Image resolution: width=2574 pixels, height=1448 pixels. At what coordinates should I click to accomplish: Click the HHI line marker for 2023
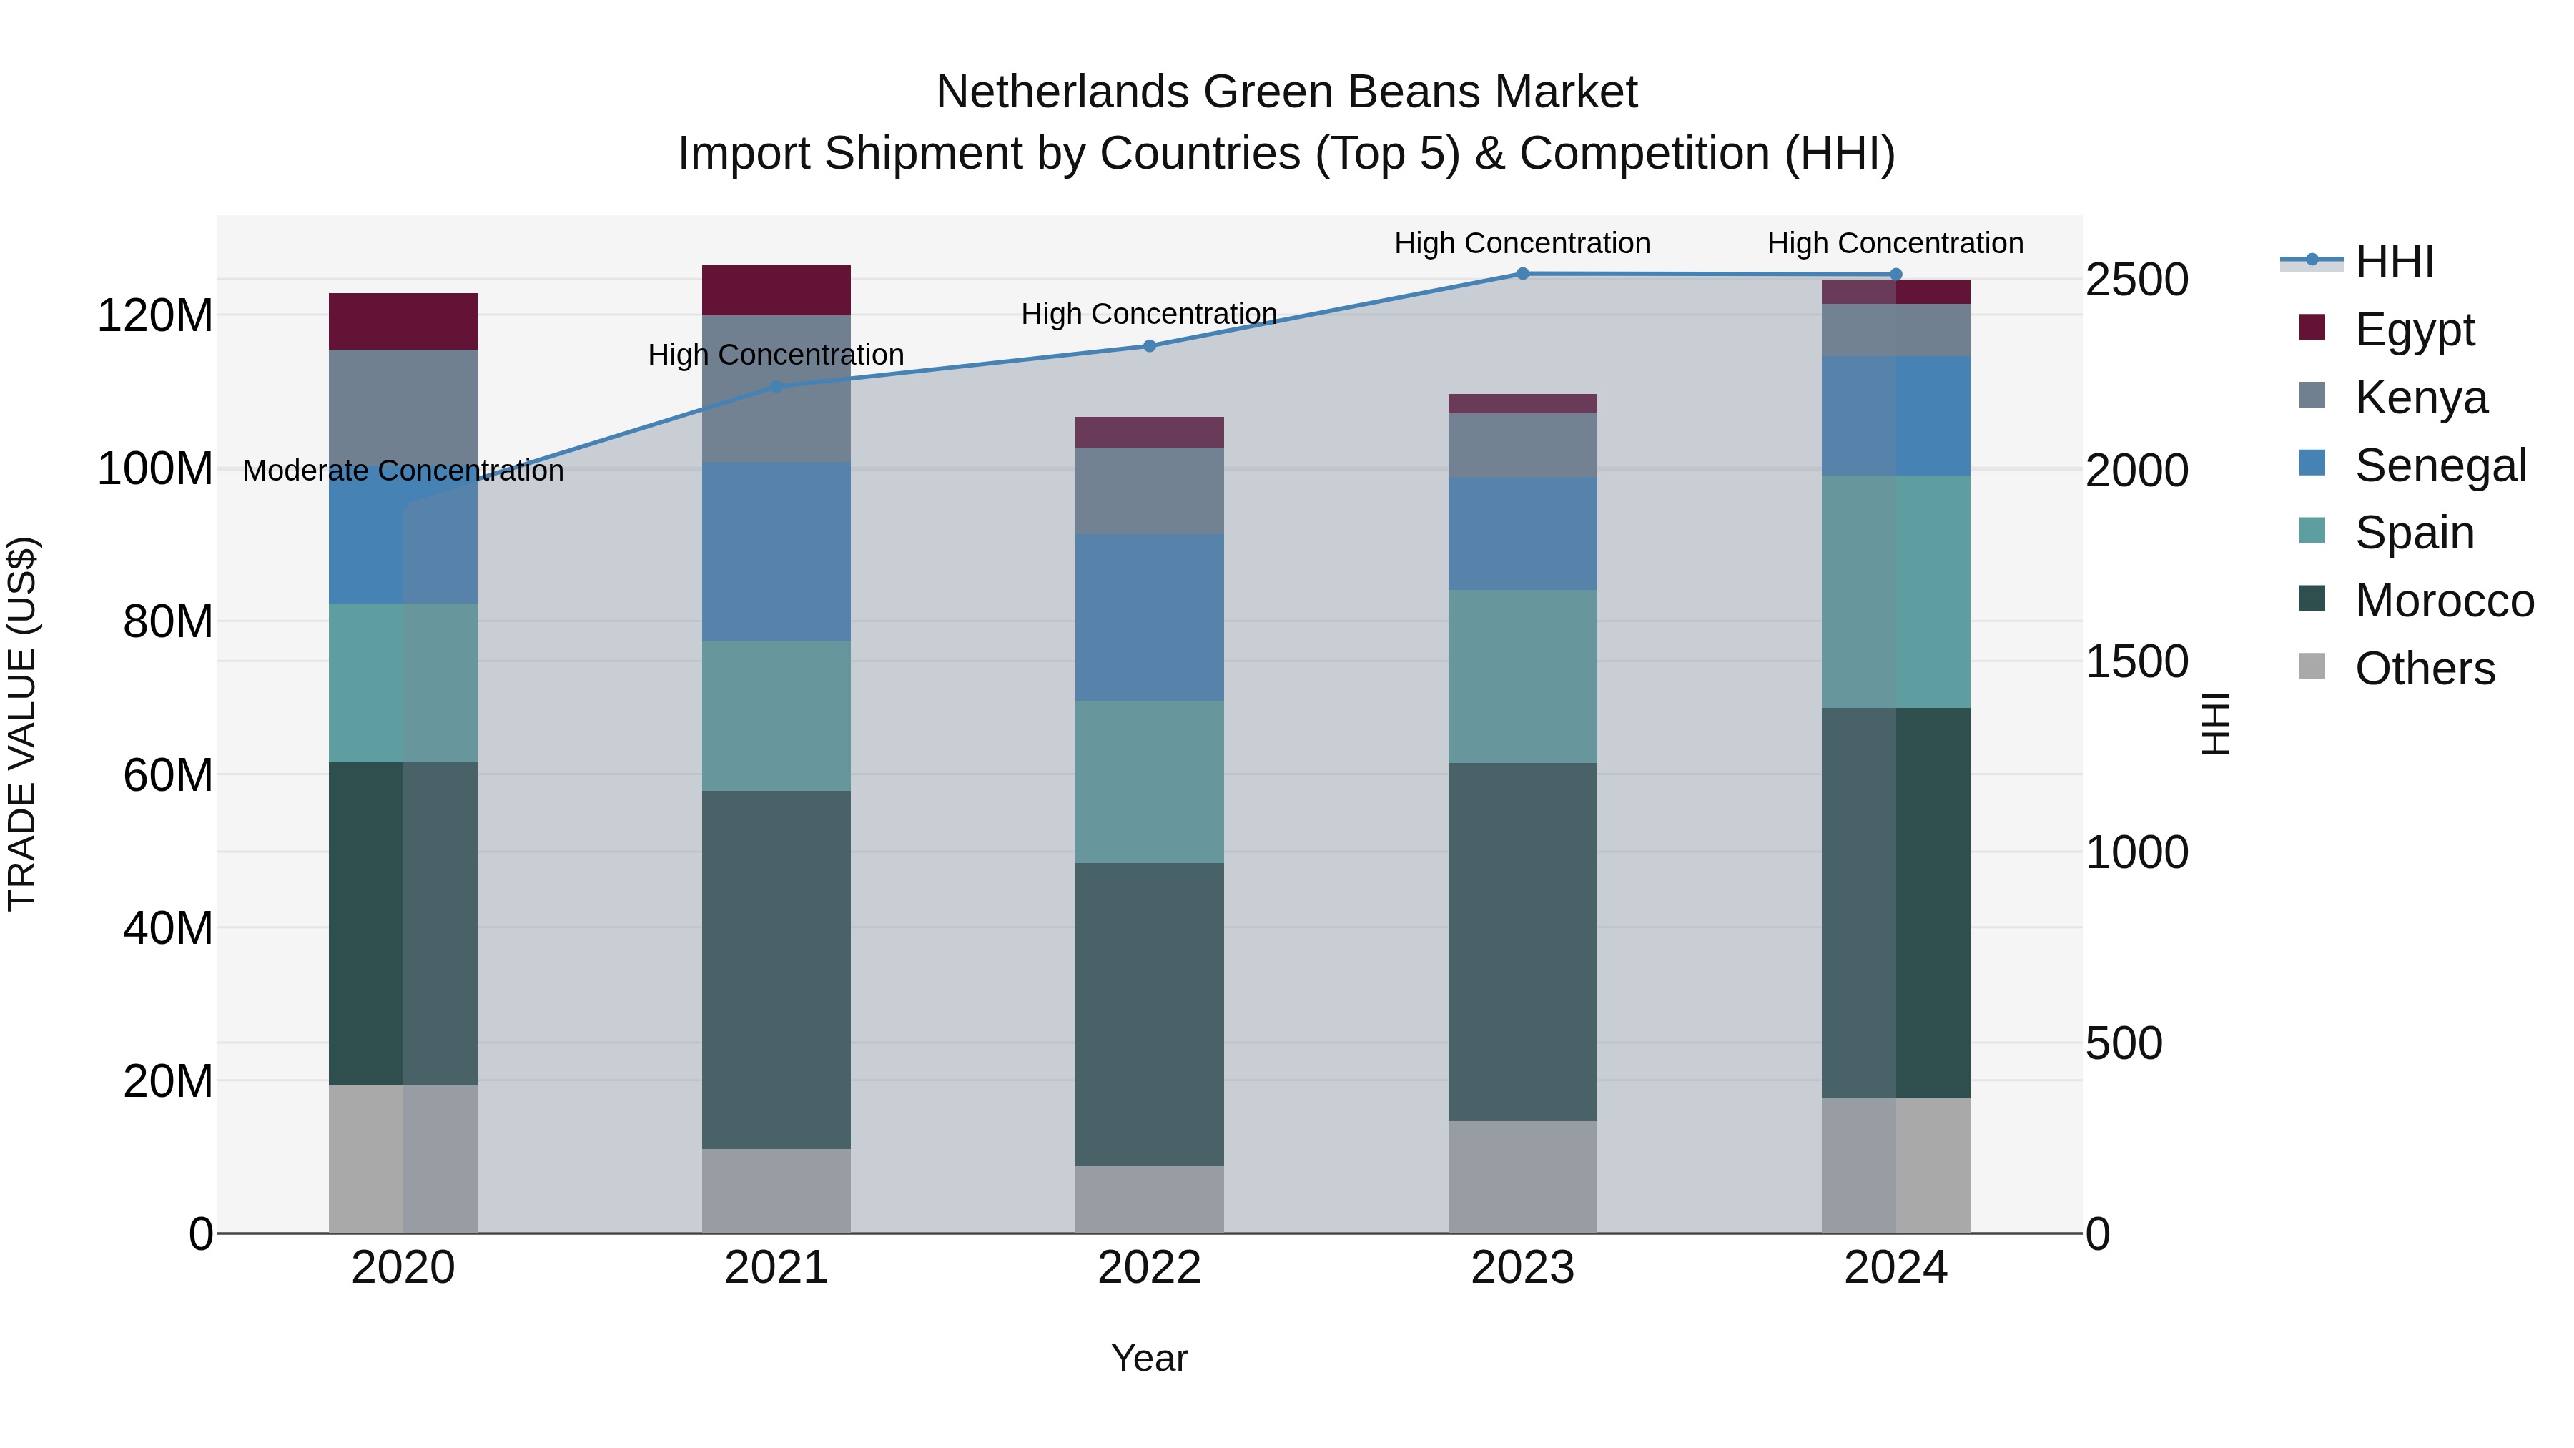[1522, 273]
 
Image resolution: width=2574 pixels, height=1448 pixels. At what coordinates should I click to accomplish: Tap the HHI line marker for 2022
[1149, 346]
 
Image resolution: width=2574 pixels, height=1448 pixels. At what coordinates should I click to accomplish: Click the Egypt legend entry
[2413, 329]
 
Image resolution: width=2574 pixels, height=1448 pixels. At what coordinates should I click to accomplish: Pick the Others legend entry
[2423, 668]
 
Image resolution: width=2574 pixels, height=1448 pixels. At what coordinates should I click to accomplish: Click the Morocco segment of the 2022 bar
[1149, 1013]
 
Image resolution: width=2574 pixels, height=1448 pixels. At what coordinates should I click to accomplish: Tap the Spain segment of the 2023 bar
[1522, 676]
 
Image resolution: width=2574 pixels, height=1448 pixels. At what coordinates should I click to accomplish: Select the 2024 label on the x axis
[1895, 1267]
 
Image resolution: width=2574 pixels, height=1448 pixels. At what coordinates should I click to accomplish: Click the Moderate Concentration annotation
[403, 470]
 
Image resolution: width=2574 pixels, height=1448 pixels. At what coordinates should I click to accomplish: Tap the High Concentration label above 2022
[1149, 314]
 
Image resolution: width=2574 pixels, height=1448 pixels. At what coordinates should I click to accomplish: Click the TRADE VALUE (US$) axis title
[22, 724]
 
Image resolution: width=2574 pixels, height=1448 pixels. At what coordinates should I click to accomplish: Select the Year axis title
[1149, 1358]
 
